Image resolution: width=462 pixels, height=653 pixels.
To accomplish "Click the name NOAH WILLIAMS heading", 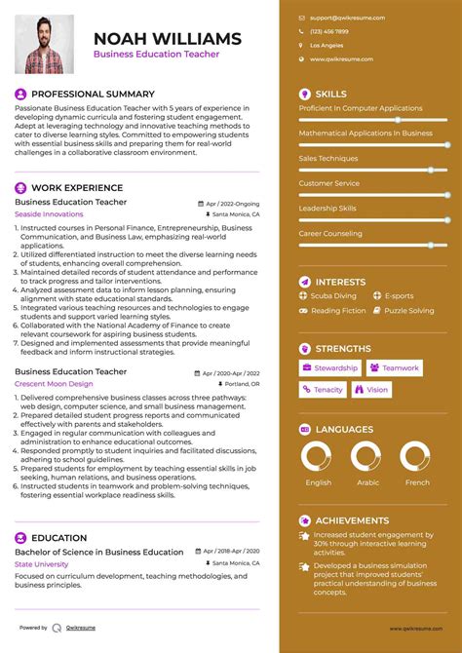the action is point(167,39).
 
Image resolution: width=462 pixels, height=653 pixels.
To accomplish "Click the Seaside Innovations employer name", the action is point(49,213).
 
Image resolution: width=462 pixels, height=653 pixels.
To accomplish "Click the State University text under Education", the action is point(42,563).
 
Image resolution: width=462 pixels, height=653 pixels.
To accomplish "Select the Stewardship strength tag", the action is point(330,368).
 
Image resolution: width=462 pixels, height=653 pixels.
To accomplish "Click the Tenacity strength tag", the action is point(323,390).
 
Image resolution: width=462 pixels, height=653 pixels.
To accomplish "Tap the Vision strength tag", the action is point(371,390).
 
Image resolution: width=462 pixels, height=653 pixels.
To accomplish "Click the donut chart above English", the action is point(319,457).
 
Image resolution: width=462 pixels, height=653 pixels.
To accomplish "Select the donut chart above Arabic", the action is point(367,457).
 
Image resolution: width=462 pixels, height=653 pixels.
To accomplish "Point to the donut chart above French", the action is point(417,457).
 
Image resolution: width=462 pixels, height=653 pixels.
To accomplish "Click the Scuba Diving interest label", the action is point(333,295).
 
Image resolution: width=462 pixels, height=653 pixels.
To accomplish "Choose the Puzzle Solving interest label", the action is point(408,311).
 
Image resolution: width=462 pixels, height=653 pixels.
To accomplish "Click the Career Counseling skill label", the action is point(331,234).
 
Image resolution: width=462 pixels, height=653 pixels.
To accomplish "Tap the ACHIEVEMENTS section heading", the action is point(352,520).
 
